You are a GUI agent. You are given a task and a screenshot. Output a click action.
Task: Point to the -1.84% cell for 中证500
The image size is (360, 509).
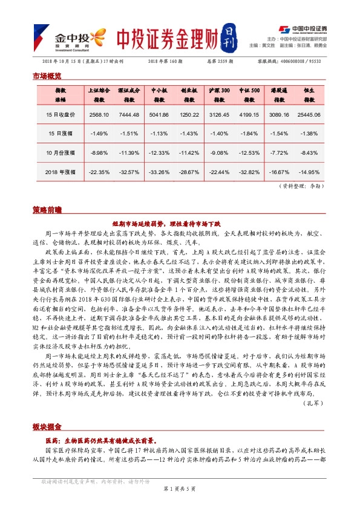pyautogui.click(x=249, y=133)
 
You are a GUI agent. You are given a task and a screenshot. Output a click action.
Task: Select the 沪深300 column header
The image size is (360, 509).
pyautogui.click(x=219, y=94)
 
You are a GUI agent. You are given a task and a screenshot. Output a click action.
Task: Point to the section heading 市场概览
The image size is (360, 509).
pyautogui.click(x=47, y=76)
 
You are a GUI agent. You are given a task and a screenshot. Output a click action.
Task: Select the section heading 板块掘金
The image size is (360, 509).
pyautogui.click(x=47, y=427)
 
